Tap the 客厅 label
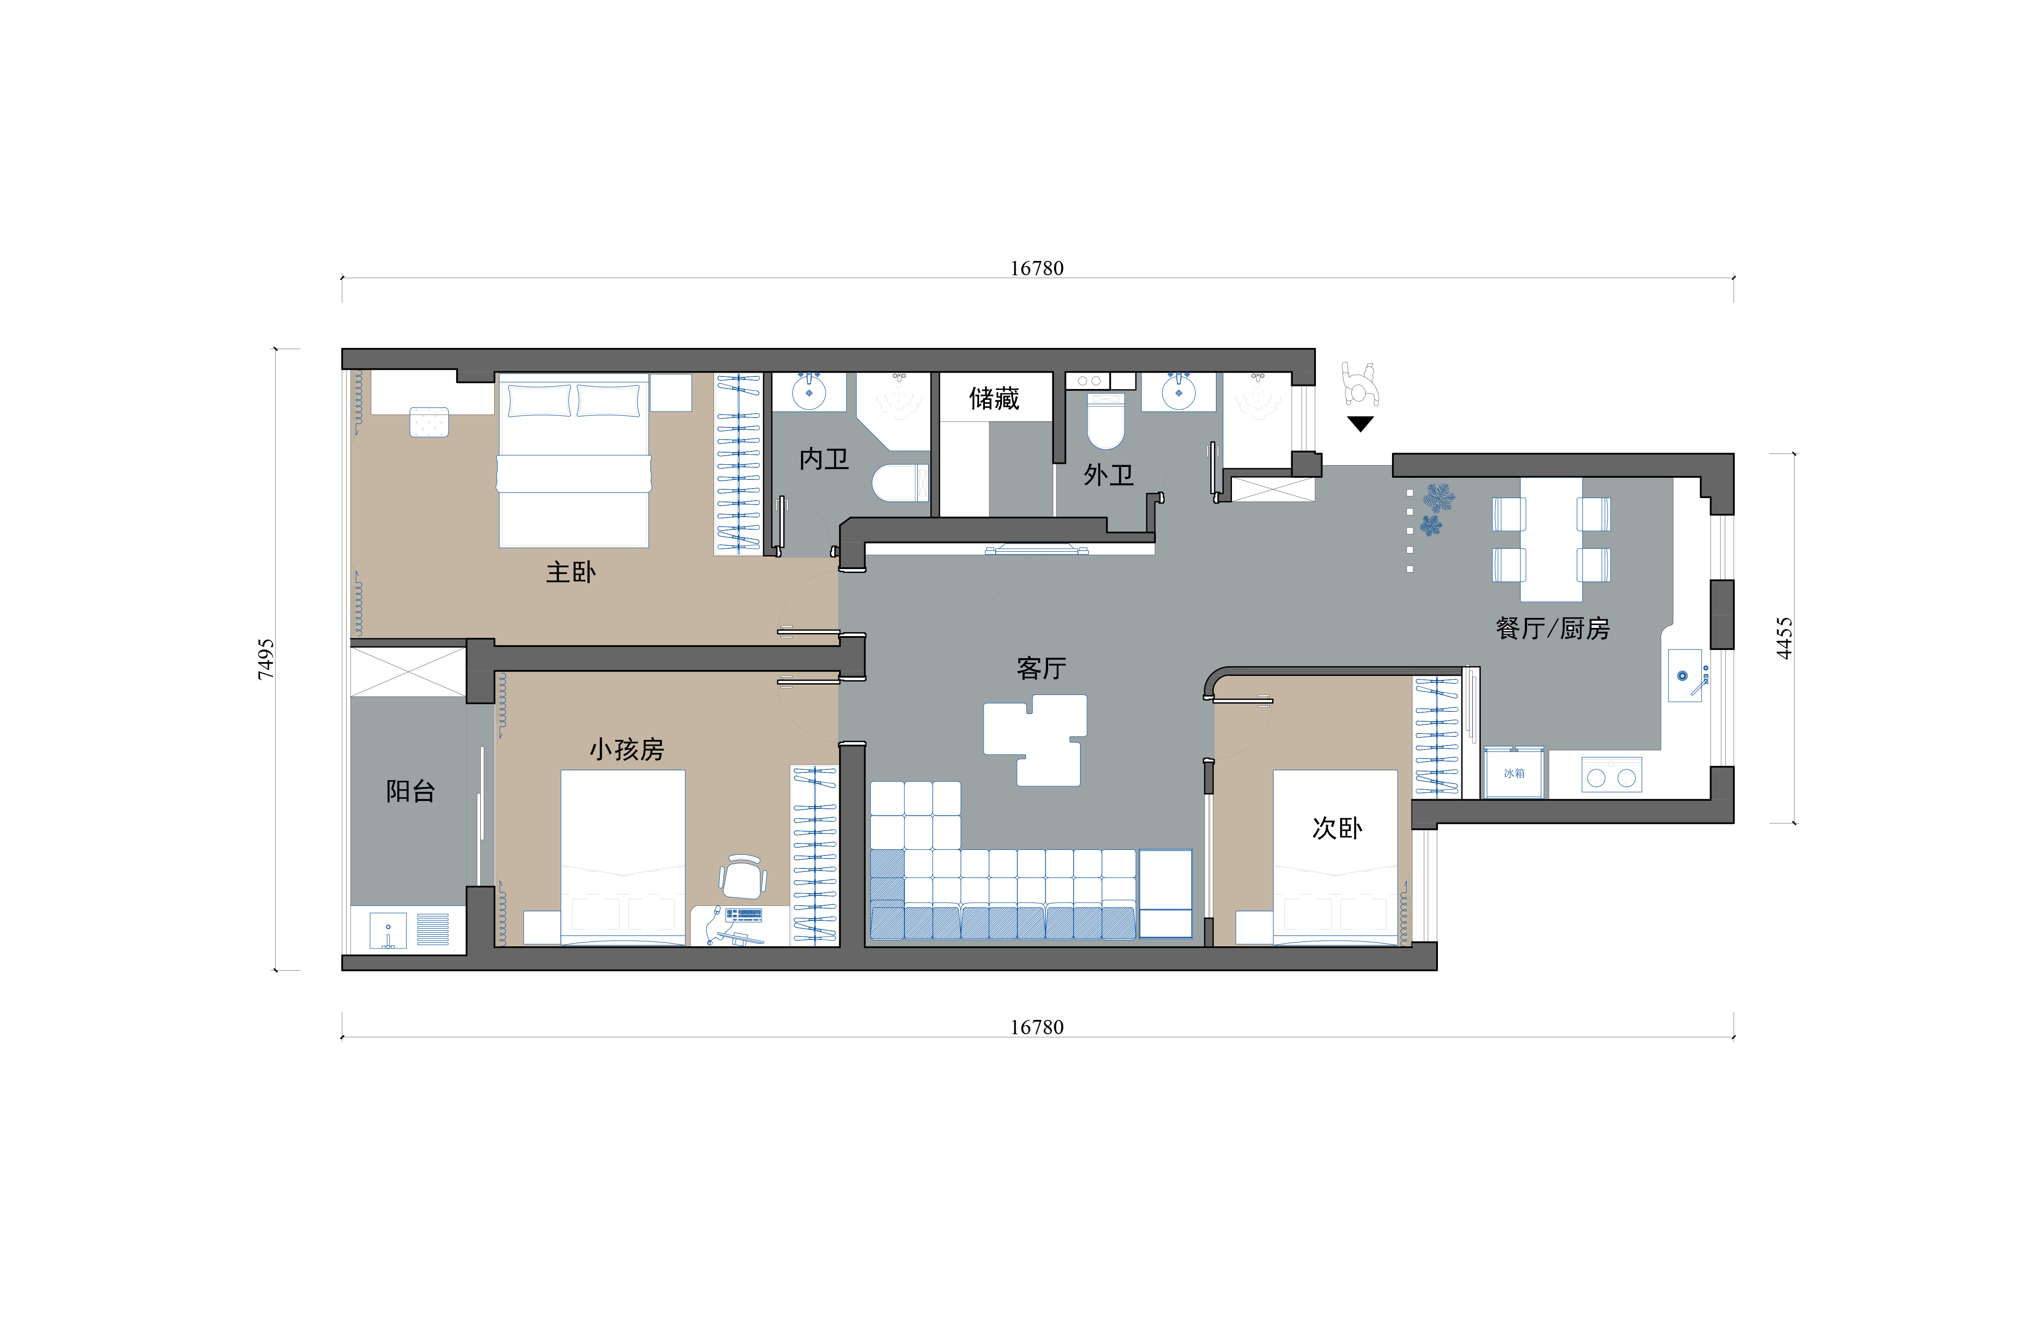[x=1041, y=668]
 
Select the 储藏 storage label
[x=994, y=398]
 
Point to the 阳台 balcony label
[x=410, y=791]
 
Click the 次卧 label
[x=1337, y=828]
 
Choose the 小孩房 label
[x=627, y=749]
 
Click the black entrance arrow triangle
[x=1360, y=423]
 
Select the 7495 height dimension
[x=266, y=659]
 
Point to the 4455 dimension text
[x=1785, y=638]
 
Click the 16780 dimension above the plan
[x=1037, y=268]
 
